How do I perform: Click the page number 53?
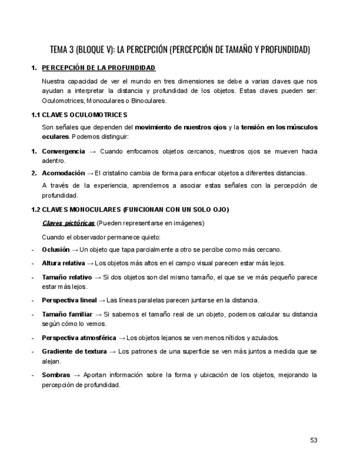coord(313,440)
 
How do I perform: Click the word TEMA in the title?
coord(59,50)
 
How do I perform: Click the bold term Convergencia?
coord(63,151)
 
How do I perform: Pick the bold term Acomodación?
coord(63,173)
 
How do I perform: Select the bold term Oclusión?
coord(56,249)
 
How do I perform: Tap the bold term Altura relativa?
coord(63,263)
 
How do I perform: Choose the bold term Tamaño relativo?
coord(67,277)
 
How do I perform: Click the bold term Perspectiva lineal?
coord(69,300)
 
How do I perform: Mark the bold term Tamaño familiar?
coord(67,314)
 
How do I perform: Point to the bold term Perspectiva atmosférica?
coord(79,337)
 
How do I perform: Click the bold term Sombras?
coord(56,375)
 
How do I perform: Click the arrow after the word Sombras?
coord(77,375)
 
